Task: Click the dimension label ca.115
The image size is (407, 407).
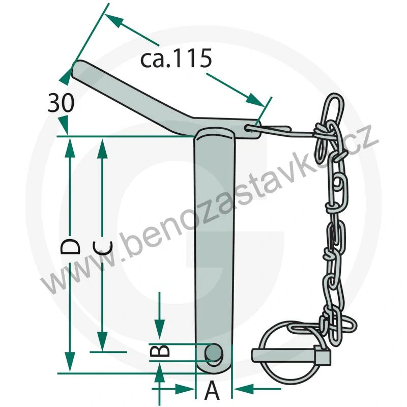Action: (176, 59)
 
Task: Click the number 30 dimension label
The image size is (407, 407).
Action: (61, 103)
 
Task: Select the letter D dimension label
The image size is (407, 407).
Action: (70, 247)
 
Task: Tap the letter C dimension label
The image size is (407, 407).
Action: (103, 248)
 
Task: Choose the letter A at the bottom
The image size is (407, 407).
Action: (212, 391)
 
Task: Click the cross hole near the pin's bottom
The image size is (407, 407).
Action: (214, 353)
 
